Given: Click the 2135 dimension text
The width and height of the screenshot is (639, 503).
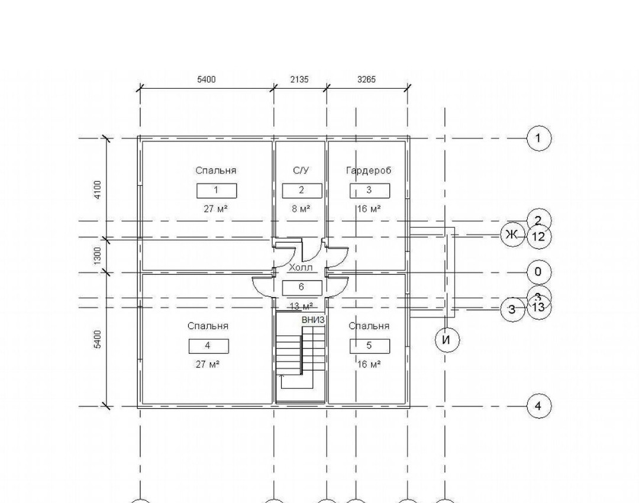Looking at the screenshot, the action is point(300,79).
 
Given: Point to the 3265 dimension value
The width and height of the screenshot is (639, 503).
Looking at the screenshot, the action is point(367,79).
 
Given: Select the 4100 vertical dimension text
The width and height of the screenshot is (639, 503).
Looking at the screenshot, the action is point(98,190).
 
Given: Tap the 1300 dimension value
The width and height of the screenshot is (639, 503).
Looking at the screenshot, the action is point(98,255).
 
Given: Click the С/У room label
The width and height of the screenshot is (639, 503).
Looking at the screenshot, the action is point(301,170).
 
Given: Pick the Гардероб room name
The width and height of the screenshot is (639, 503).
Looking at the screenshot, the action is point(369,170).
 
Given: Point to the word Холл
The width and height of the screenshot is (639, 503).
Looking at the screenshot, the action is point(300,268).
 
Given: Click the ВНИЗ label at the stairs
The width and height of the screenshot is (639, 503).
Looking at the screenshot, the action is point(313,320).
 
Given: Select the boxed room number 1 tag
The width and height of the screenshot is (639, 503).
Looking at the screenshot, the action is point(217,191).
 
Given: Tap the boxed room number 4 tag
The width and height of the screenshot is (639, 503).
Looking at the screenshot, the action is point(208,346).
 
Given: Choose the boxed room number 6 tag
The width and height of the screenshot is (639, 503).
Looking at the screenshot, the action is point(302,288).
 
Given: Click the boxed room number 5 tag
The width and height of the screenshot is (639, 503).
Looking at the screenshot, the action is point(369,346).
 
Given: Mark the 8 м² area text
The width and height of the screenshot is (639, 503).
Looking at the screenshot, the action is point(301,208).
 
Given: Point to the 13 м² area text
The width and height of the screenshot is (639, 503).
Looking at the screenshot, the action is point(301,306).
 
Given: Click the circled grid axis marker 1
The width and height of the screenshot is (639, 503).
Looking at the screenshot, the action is point(538,138).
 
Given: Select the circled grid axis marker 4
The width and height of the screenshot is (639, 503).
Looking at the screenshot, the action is point(538,406).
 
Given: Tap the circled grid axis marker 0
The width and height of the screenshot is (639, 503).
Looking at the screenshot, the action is point(538,272).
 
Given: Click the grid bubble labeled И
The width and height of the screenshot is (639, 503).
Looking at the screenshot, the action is point(447,340).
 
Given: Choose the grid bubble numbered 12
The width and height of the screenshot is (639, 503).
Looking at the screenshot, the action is point(538,237).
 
